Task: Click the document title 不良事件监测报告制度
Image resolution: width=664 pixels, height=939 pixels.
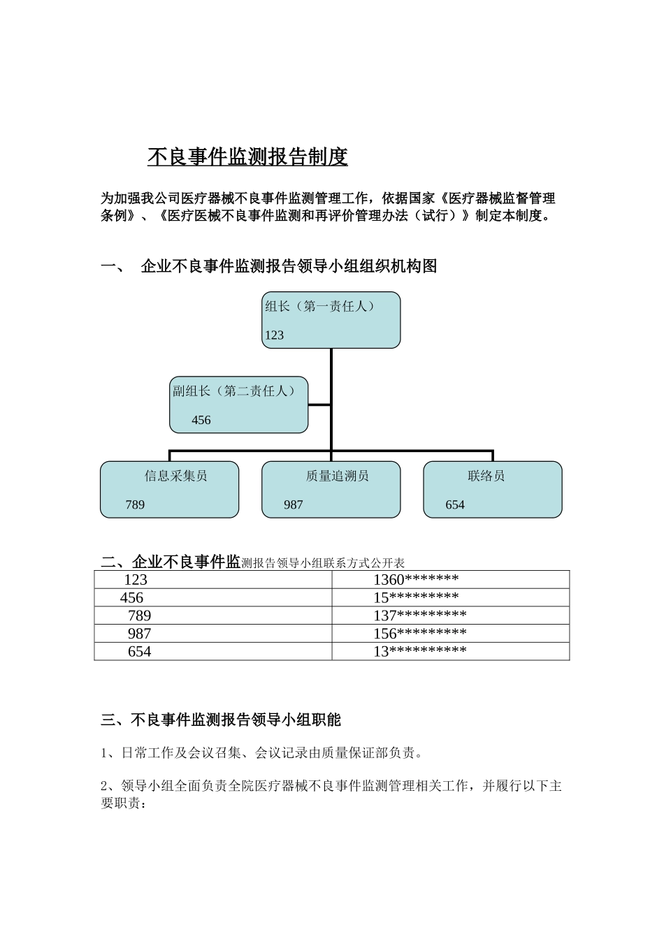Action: (247, 157)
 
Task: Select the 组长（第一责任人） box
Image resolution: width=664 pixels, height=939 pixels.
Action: (331, 320)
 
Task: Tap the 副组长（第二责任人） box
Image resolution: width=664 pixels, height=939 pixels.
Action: (239, 405)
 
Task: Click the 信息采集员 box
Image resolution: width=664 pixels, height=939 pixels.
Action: (169, 489)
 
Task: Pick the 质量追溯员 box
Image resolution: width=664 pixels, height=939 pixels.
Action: (331, 489)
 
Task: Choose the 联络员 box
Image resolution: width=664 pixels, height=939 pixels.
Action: (493, 489)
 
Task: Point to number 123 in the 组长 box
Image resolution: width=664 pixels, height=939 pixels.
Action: (274, 335)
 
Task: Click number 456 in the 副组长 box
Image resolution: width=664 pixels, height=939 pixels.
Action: (201, 421)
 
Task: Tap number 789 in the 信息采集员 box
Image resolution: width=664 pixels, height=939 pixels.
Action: (135, 505)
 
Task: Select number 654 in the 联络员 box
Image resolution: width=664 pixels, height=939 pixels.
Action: (455, 505)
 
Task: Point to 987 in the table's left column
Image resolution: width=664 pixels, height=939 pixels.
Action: (139, 634)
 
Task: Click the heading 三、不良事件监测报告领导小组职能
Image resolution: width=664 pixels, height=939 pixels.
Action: (221, 720)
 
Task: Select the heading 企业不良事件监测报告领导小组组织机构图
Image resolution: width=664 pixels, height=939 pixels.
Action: (289, 266)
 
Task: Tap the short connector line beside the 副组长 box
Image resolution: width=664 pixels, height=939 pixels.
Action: (319, 404)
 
